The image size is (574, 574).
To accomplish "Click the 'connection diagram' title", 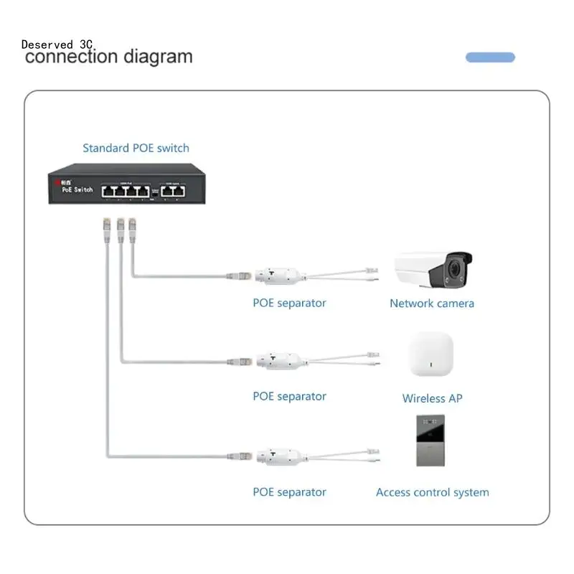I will click(x=108, y=57).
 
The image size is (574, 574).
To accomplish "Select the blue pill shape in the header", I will click(x=490, y=57).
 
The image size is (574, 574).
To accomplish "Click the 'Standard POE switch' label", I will click(x=136, y=149).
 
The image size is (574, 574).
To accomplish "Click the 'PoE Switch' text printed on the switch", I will click(x=77, y=189).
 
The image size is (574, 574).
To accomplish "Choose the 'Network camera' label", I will click(x=432, y=304).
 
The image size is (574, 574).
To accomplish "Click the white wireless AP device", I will click(x=431, y=355).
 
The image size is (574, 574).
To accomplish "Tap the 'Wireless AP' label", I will click(x=432, y=398).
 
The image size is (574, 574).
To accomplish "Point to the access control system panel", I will click(x=431, y=441).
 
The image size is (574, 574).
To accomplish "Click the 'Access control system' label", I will click(x=433, y=493).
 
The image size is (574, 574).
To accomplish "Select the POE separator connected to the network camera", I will click(x=276, y=275).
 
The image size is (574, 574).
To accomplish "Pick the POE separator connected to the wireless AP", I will click(x=277, y=360).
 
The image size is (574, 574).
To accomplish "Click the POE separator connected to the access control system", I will click(x=277, y=456).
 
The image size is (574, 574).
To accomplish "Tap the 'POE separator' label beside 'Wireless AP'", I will click(x=289, y=396).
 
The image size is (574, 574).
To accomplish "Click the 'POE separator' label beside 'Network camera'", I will click(x=289, y=303).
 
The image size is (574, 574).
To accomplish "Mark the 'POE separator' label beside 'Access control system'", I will click(x=289, y=492).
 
